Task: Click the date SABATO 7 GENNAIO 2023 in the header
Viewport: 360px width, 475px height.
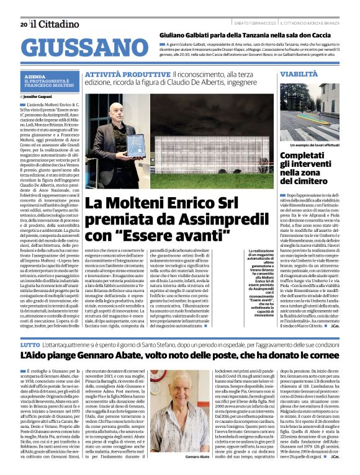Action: click(255, 24)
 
